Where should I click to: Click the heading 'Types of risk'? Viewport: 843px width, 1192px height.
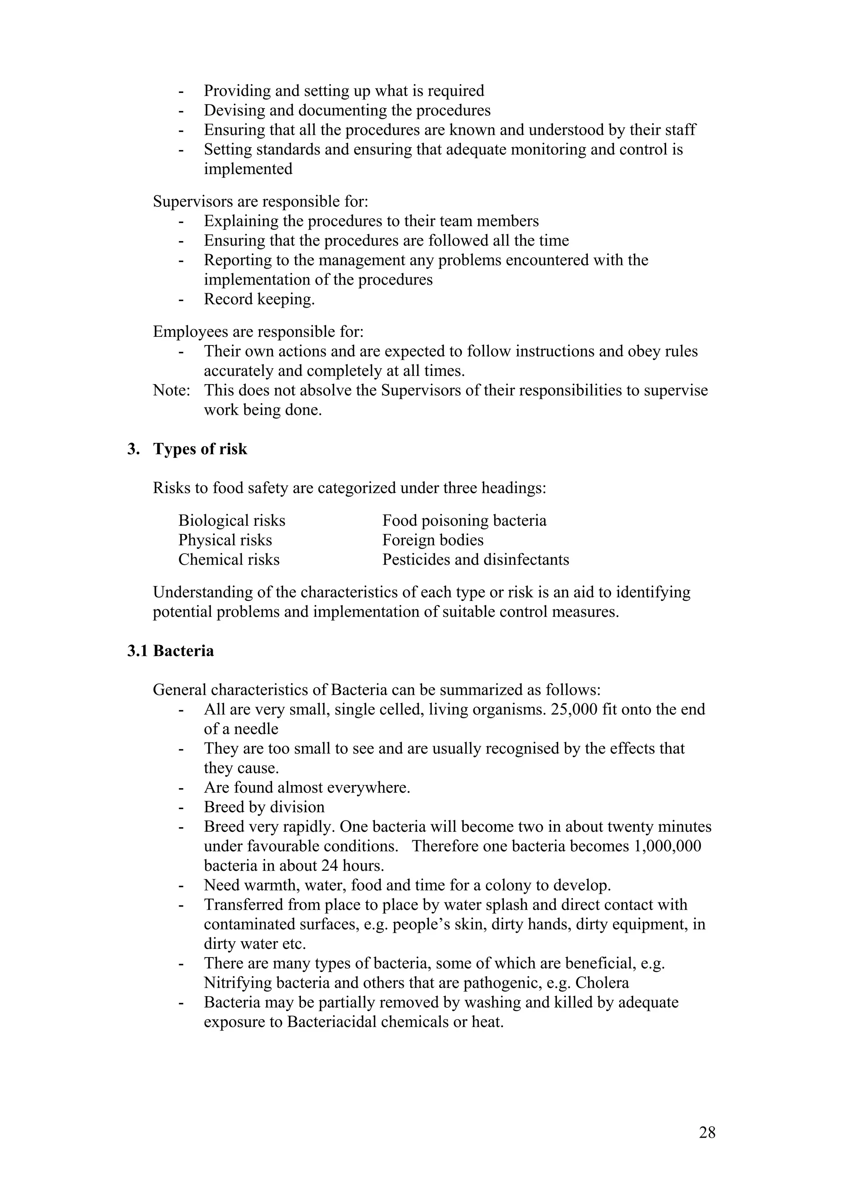(200, 449)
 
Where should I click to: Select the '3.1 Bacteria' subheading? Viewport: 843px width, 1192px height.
(170, 651)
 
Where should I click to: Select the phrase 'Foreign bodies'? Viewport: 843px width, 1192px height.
(433, 540)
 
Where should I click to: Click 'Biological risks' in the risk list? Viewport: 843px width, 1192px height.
(232, 521)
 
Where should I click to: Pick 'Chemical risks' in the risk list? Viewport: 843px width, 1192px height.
(228, 560)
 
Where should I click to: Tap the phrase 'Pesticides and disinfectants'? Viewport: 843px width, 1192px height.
(475, 560)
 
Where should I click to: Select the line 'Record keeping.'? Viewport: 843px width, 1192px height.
(259, 299)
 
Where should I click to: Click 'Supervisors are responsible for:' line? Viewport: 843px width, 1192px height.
(260, 202)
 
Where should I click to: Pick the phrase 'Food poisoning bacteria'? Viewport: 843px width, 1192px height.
(464, 521)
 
